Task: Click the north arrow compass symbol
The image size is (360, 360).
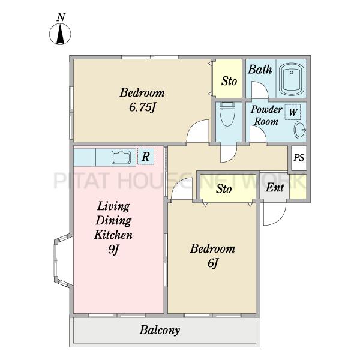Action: click(60, 34)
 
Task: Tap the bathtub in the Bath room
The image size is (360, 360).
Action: click(292, 79)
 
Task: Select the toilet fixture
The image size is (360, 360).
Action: click(227, 115)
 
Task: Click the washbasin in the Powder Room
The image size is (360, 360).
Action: click(300, 130)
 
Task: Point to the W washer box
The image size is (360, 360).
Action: click(293, 112)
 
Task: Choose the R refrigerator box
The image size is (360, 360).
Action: click(146, 157)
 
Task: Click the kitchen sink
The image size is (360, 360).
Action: click(121, 157)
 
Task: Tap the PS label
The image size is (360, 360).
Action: click(299, 158)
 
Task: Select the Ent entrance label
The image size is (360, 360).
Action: click(275, 187)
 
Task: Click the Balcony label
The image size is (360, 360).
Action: click(160, 330)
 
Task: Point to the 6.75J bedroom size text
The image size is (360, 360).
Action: click(143, 107)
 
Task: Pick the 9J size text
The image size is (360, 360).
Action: click(113, 249)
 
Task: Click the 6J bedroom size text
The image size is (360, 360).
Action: click(212, 263)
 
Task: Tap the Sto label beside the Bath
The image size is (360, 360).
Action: click(229, 81)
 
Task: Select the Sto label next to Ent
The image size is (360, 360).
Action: click(224, 189)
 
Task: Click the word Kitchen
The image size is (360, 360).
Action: click(113, 235)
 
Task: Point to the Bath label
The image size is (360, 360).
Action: click(260, 70)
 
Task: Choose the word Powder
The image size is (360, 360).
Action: click(266, 110)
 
